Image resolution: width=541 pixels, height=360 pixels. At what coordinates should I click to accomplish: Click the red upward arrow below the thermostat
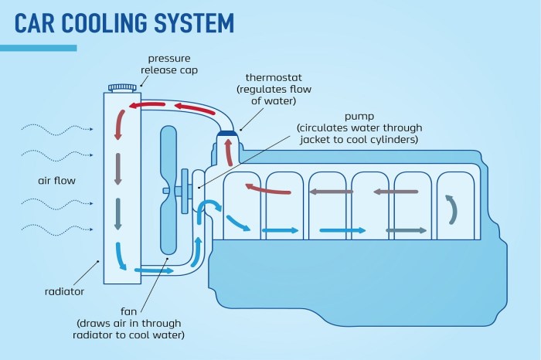229,155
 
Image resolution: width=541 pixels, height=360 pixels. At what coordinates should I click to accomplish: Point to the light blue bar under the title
38,48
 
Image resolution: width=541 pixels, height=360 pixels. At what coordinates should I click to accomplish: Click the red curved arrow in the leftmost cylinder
267,188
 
